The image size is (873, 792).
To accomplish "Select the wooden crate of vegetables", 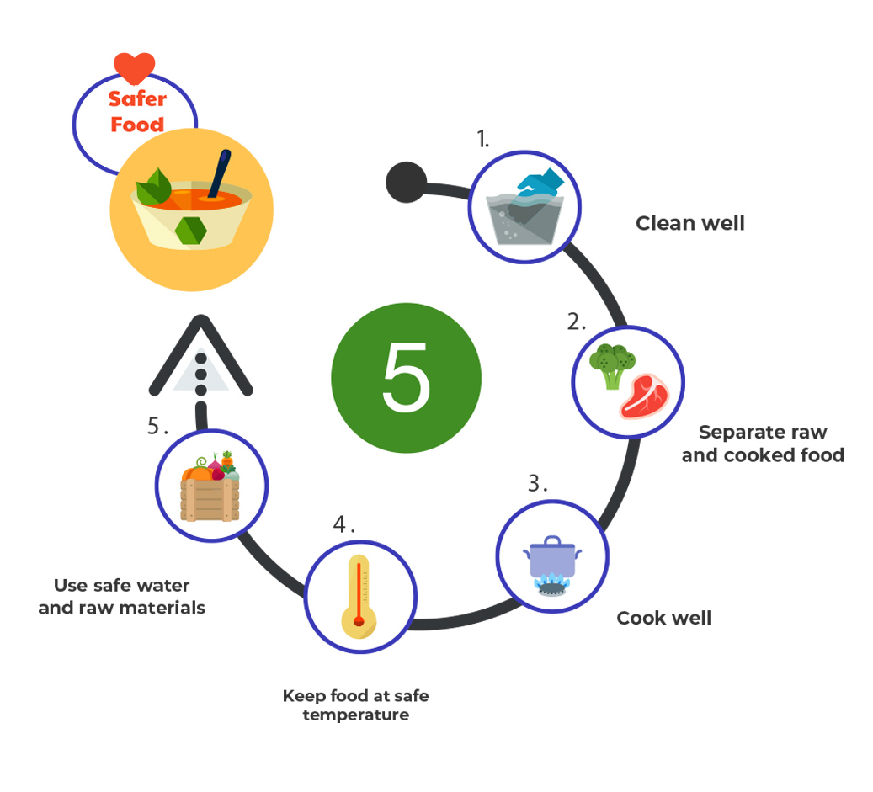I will pyautogui.click(x=210, y=497).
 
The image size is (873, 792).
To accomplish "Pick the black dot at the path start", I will pyautogui.click(x=406, y=181).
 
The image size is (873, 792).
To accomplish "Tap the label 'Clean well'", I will pyautogui.click(x=689, y=223).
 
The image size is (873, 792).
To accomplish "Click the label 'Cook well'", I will pyautogui.click(x=663, y=618).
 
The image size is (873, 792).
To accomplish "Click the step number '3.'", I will pyautogui.click(x=537, y=484).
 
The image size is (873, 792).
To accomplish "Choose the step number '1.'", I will pyautogui.click(x=482, y=140).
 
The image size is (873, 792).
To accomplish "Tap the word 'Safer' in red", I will pyautogui.click(x=137, y=99).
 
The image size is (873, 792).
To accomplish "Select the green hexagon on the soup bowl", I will pyautogui.click(x=191, y=228).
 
